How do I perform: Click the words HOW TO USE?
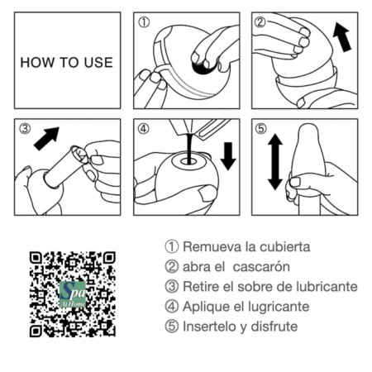point(66,62)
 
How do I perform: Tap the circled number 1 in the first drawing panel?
point(145,23)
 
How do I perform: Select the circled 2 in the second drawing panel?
point(261,23)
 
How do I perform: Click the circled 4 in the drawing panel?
point(145,130)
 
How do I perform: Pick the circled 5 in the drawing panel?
point(261,130)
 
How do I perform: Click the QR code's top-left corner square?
point(38,260)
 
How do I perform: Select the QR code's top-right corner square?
point(107,260)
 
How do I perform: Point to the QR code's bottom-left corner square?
point(38,327)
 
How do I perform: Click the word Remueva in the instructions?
point(211,247)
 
